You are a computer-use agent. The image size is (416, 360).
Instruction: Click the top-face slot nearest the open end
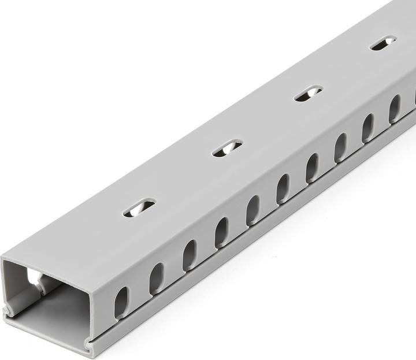pos(139,207)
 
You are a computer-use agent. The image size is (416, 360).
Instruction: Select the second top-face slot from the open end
pos(227,148)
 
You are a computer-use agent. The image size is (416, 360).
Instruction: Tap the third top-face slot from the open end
pos(309,94)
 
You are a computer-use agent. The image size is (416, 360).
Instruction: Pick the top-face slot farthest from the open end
pos(384,43)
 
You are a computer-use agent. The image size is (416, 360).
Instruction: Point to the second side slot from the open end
pos(157,279)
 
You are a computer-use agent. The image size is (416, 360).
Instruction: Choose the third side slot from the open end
pos(190,255)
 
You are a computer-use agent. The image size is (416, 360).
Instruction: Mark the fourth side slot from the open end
pos(221,232)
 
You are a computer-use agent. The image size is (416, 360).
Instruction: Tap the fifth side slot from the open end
pos(252,210)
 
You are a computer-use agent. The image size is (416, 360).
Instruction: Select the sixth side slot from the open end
pos(283,188)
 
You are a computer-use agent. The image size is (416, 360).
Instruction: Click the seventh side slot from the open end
pos(312,168)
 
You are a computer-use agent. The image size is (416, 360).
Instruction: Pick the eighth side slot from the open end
pos(341,147)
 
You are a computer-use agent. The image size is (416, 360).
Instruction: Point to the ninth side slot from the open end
pos(368,128)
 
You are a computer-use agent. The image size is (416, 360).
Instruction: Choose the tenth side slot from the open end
pos(395,109)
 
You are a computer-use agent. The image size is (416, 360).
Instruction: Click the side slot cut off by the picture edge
pos(414,96)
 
